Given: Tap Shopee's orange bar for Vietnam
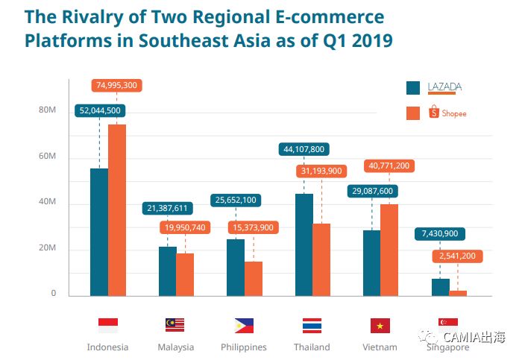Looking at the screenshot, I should click(x=390, y=250).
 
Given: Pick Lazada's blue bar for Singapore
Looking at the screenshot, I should click(x=440, y=287).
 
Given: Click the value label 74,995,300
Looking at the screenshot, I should click(x=116, y=85).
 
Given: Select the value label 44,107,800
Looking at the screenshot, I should click(x=304, y=149).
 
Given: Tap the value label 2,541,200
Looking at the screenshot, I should click(x=458, y=256).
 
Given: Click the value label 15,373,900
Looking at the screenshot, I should click(x=253, y=227).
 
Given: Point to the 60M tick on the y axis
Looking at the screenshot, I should click(x=47, y=157).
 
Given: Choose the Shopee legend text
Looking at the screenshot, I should click(x=454, y=113).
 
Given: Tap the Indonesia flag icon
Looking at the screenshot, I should click(x=108, y=325).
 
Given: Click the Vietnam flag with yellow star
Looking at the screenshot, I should click(x=380, y=325).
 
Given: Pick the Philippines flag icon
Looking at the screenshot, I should click(x=244, y=325).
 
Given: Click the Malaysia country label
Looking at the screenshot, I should click(x=176, y=347).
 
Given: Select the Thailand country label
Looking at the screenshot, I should click(x=312, y=347).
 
